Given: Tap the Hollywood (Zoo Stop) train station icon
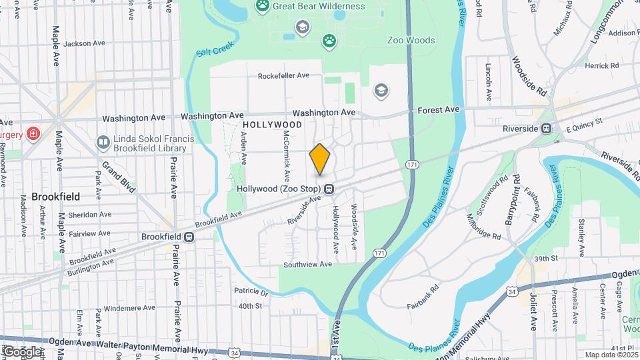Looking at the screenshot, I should (x=329, y=190).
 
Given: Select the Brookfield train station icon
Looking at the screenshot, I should (x=189, y=237).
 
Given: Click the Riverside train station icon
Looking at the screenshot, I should (x=546, y=129).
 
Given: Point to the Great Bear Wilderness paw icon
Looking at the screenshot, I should (x=263, y=7).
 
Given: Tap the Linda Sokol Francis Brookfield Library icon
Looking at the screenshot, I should (x=103, y=142).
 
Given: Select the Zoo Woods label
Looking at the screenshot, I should (x=411, y=41).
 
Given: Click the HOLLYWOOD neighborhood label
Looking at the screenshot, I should (x=273, y=125).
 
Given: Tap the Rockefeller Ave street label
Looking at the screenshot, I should (x=284, y=76).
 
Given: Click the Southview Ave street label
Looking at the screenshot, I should (x=307, y=265).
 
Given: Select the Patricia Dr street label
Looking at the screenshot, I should (x=251, y=292).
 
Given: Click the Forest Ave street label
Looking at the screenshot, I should (x=438, y=109).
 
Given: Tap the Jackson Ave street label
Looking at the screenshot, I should (x=85, y=43).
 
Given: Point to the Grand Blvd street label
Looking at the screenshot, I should (x=119, y=177).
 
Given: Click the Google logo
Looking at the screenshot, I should (x=21, y=351).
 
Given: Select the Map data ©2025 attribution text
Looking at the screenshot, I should (x=611, y=355).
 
